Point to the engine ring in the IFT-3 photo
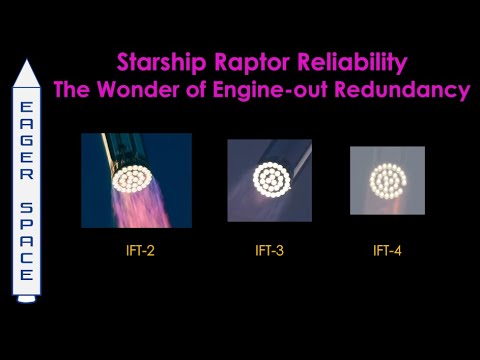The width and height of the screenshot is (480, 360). [268, 180]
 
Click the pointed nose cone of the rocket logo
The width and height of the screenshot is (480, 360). [27, 72]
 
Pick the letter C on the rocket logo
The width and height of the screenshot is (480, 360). [27, 257]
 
